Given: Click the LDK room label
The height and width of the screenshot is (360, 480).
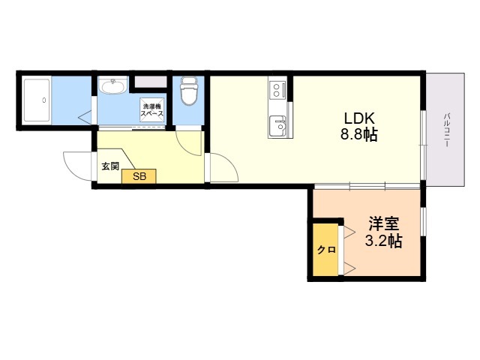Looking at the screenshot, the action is click(359, 118).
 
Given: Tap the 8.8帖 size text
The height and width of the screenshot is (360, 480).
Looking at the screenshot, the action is click(359, 134).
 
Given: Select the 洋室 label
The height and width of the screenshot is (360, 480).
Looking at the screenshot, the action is click(383, 223).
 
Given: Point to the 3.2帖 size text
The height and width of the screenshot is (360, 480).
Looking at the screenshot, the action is click(383, 241).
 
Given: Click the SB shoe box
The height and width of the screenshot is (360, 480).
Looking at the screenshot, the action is click(139, 176).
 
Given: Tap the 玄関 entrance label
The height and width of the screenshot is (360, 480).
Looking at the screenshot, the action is click(110, 166).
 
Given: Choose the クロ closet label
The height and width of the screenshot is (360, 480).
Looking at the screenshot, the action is click(326, 250).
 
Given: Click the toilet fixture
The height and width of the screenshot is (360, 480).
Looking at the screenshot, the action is click(188, 91).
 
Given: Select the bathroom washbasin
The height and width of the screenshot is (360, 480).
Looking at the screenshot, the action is click(113, 85).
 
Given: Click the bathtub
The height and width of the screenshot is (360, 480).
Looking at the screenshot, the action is click(37, 100).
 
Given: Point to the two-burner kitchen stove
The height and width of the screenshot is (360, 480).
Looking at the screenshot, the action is click(277, 90).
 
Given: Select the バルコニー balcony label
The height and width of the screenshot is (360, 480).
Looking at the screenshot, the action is click(447, 130).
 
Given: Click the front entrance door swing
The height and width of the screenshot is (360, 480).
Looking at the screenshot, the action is click(78, 166).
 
